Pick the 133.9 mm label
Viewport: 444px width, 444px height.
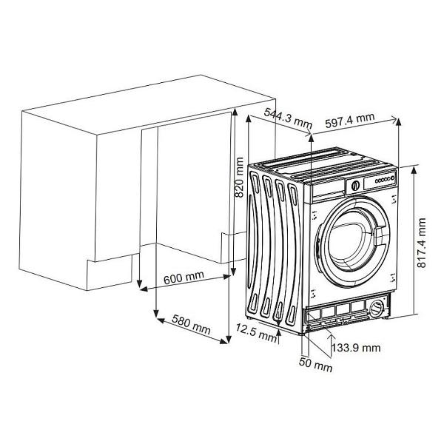click(x=356, y=347)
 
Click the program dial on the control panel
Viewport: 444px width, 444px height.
click(x=355, y=185)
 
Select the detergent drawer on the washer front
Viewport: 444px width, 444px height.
click(x=325, y=190)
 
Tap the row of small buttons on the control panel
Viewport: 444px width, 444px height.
click(x=383, y=179)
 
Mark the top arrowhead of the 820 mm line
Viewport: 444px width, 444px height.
click(x=235, y=111)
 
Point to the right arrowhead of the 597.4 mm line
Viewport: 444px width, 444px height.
click(x=398, y=119)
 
